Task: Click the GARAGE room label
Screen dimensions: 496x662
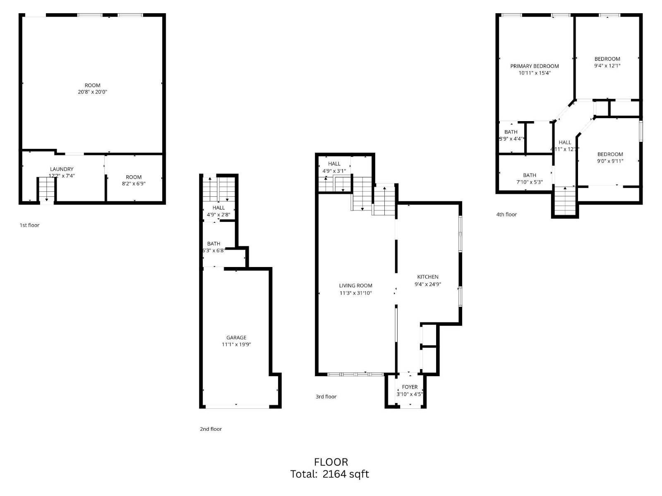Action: pyautogui.click(x=236, y=338)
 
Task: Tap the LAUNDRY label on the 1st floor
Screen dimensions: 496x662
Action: pyautogui.click(x=62, y=169)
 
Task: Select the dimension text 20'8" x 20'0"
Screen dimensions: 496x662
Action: pyautogui.click(x=92, y=92)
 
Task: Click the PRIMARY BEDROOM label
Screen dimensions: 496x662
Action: pyautogui.click(x=534, y=66)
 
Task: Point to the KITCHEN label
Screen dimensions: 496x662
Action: pyautogui.click(x=427, y=277)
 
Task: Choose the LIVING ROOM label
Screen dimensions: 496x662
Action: pyautogui.click(x=355, y=286)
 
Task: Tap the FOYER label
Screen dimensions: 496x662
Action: pyautogui.click(x=410, y=387)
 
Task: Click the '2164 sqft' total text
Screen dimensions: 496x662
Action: pyautogui.click(x=345, y=474)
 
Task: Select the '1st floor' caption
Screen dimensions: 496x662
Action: pyautogui.click(x=29, y=225)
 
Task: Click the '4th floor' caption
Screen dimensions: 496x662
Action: pyautogui.click(x=506, y=215)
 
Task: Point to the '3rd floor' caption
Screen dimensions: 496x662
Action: pyautogui.click(x=326, y=397)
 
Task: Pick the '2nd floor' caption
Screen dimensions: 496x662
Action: pyautogui.click(x=211, y=429)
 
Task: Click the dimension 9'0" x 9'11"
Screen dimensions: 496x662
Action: pyautogui.click(x=610, y=161)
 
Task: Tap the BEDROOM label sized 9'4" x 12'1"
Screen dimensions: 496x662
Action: pyautogui.click(x=607, y=59)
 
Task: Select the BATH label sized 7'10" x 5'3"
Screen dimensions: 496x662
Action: pyautogui.click(x=529, y=175)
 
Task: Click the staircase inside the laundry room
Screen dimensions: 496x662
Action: pyautogui.click(x=47, y=190)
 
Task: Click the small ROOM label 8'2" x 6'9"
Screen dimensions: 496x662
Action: pyautogui.click(x=134, y=177)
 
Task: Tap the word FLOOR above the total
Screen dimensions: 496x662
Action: pyautogui.click(x=331, y=462)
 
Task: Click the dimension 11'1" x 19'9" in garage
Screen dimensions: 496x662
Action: pyautogui.click(x=236, y=345)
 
